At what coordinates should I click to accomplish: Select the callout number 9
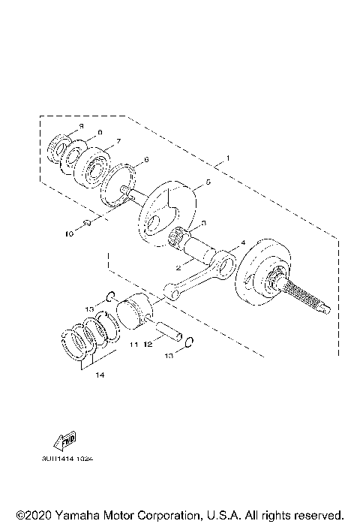(x=81, y=125)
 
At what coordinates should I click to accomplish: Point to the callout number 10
(x=68, y=234)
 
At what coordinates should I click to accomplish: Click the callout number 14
(x=100, y=376)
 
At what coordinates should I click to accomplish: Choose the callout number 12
(x=148, y=345)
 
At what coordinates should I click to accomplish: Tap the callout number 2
(x=178, y=267)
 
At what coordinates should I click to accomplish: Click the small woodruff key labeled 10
(x=87, y=223)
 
